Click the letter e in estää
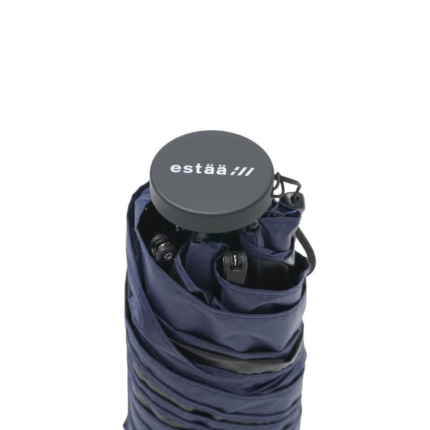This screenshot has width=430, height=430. [175, 168]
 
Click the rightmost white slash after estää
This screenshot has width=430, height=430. [249, 172]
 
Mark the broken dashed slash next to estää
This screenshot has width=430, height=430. [234, 171]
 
